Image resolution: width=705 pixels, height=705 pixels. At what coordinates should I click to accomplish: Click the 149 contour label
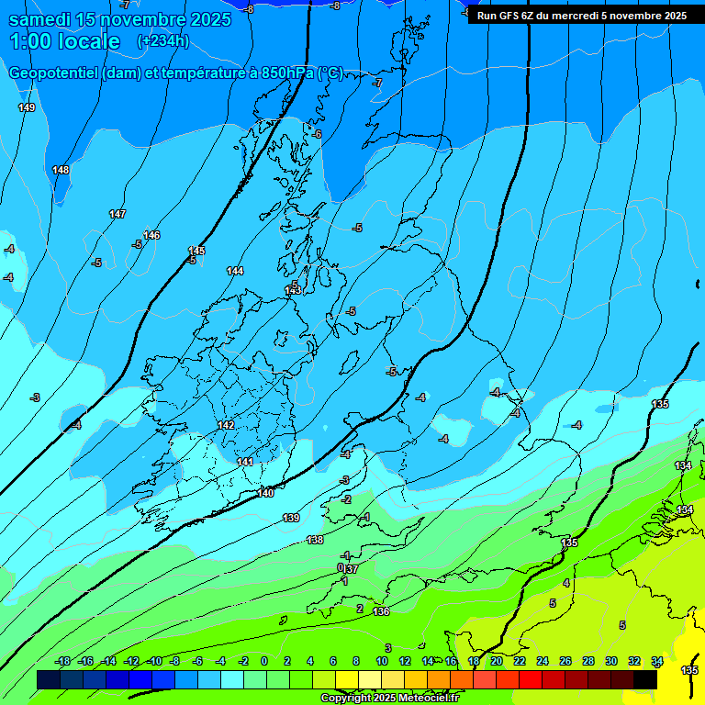coord(27,107)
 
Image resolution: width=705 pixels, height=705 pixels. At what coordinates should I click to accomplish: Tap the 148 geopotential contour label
coord(61,170)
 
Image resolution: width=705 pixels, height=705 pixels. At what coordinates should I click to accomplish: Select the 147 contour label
coord(117,214)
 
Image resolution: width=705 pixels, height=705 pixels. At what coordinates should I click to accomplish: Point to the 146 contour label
coord(151,235)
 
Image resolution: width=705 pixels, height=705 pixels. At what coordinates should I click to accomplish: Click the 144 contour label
coord(235,271)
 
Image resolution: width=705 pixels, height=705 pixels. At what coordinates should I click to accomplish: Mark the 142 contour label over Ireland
coord(226,425)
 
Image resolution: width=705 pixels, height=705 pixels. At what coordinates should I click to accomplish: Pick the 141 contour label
coord(245,462)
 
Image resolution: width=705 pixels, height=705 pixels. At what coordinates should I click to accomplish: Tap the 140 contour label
coord(265,493)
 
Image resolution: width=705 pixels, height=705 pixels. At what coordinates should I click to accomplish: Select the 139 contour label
coord(291,518)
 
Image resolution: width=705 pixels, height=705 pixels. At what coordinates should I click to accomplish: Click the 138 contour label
coord(315,540)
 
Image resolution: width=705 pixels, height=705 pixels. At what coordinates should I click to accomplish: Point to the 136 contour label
coord(381,611)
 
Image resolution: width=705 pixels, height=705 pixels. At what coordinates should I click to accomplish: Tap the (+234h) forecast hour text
coord(162,41)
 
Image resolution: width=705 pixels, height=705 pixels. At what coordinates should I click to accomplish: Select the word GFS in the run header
coord(508,16)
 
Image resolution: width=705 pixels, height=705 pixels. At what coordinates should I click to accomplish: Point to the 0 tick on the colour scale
coord(263,661)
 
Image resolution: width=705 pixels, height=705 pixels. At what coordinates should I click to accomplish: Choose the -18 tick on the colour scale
coord(63,661)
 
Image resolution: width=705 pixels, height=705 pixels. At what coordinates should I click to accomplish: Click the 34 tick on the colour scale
coord(657,661)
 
